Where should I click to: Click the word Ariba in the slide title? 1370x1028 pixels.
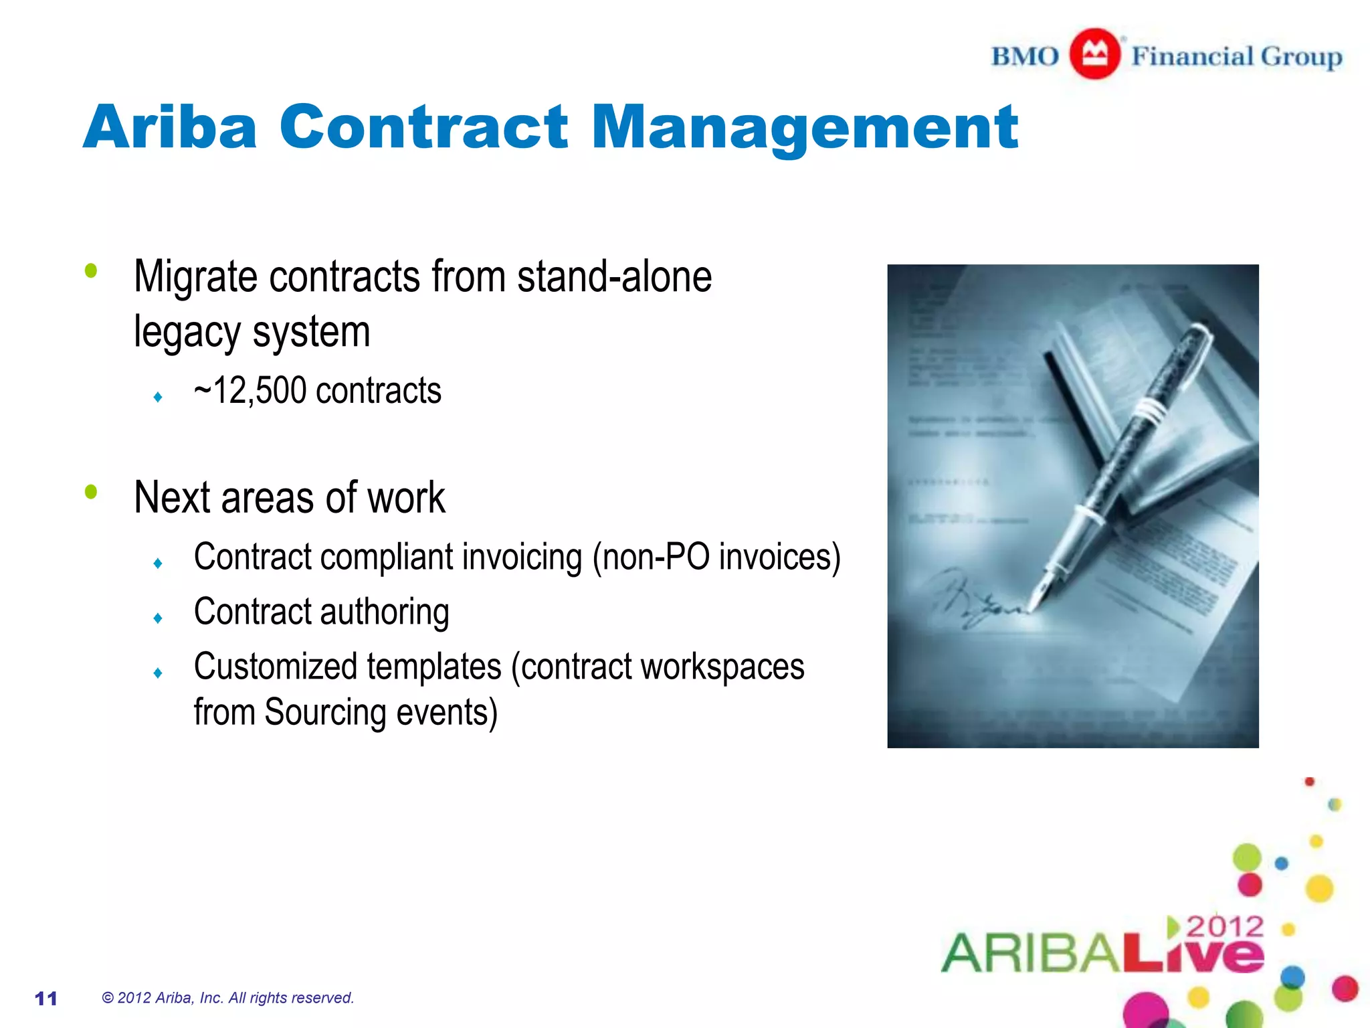(x=170, y=127)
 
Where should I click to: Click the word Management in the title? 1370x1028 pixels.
(x=804, y=128)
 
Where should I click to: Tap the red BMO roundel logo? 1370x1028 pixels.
(x=1094, y=54)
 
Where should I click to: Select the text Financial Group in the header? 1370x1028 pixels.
(x=1236, y=56)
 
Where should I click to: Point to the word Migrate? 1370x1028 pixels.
(x=195, y=276)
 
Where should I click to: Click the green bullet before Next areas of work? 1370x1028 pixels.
(x=91, y=493)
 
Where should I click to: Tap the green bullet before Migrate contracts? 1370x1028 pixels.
(x=91, y=271)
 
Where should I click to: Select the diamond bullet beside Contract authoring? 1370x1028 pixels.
(x=158, y=618)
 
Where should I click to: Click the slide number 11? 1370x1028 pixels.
(x=46, y=999)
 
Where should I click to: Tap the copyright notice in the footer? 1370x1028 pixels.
(x=227, y=998)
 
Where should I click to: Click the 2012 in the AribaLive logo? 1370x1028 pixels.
(x=1225, y=927)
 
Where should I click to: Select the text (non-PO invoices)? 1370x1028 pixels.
(x=716, y=557)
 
